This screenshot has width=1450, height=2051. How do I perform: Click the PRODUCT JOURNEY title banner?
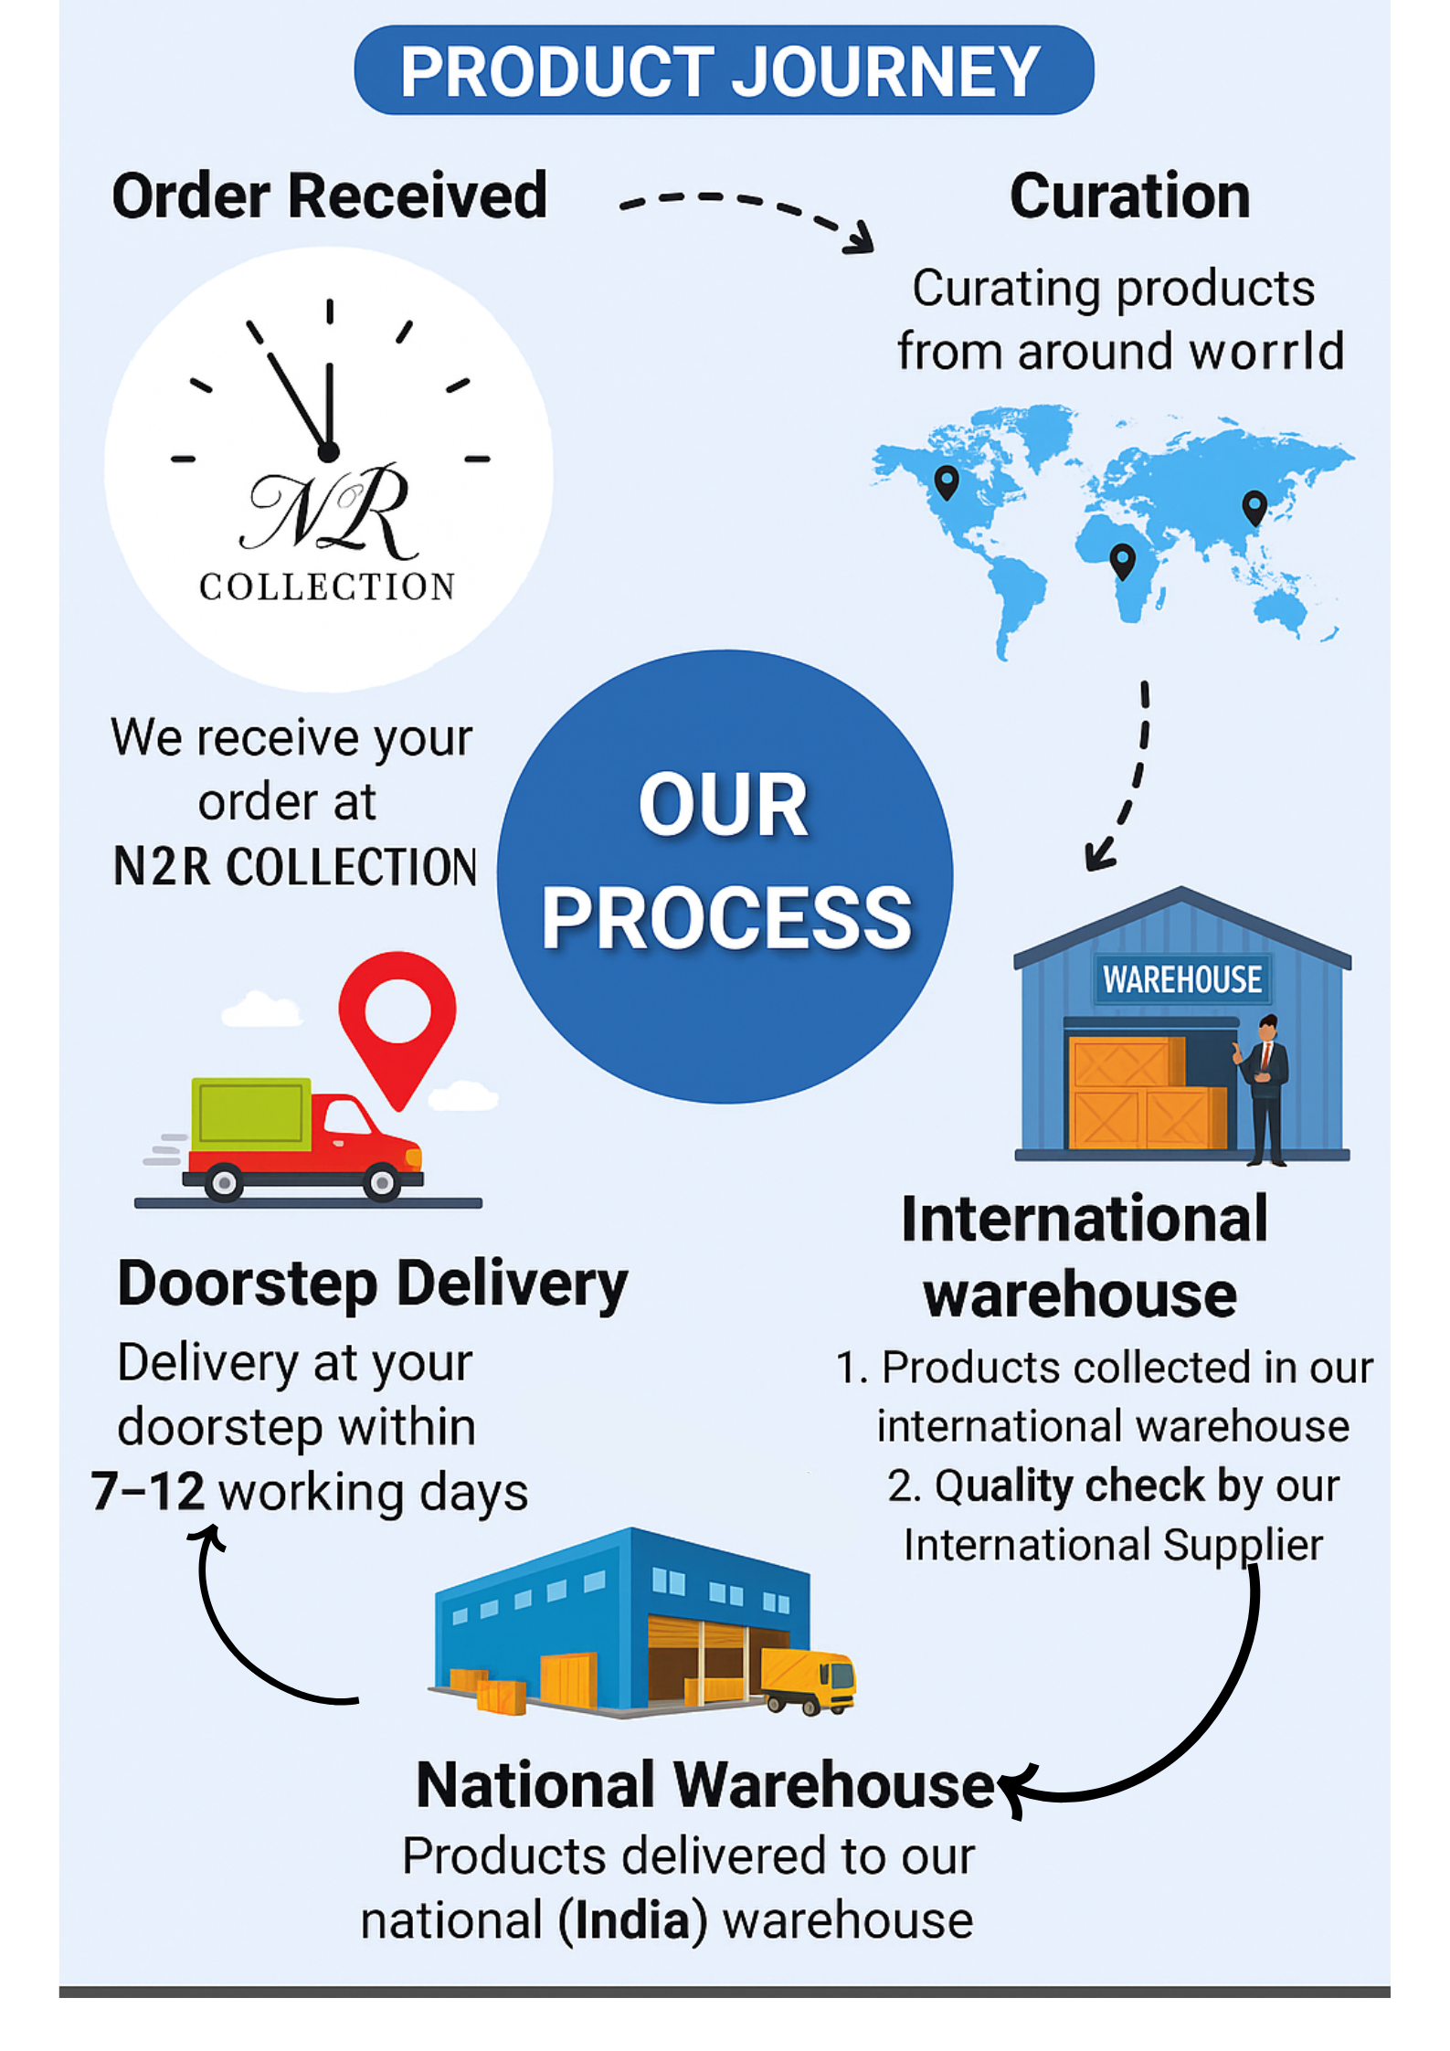tap(723, 70)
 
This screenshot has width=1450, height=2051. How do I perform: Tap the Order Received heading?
tap(329, 196)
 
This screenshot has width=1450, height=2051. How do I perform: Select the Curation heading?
tap(1129, 196)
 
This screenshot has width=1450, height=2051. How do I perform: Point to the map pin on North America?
tap(947, 481)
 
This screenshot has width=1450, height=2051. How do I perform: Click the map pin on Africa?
tap(1122, 559)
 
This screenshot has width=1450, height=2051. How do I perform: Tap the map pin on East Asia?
tap(1254, 506)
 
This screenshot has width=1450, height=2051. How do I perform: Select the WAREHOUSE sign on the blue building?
tap(1181, 979)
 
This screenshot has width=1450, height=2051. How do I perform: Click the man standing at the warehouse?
tap(1265, 1087)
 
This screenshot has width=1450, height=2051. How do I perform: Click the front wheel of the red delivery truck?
tap(382, 1182)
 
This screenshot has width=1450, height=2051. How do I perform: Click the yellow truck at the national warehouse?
tap(808, 1679)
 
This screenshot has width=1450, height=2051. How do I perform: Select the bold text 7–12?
tap(147, 1492)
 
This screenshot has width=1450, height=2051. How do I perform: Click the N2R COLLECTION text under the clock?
tap(294, 866)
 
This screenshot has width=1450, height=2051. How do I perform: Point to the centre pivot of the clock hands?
tap(329, 451)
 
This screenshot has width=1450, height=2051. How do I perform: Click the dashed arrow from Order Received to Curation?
tap(745, 210)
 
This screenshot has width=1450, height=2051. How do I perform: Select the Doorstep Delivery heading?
tap(373, 1284)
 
